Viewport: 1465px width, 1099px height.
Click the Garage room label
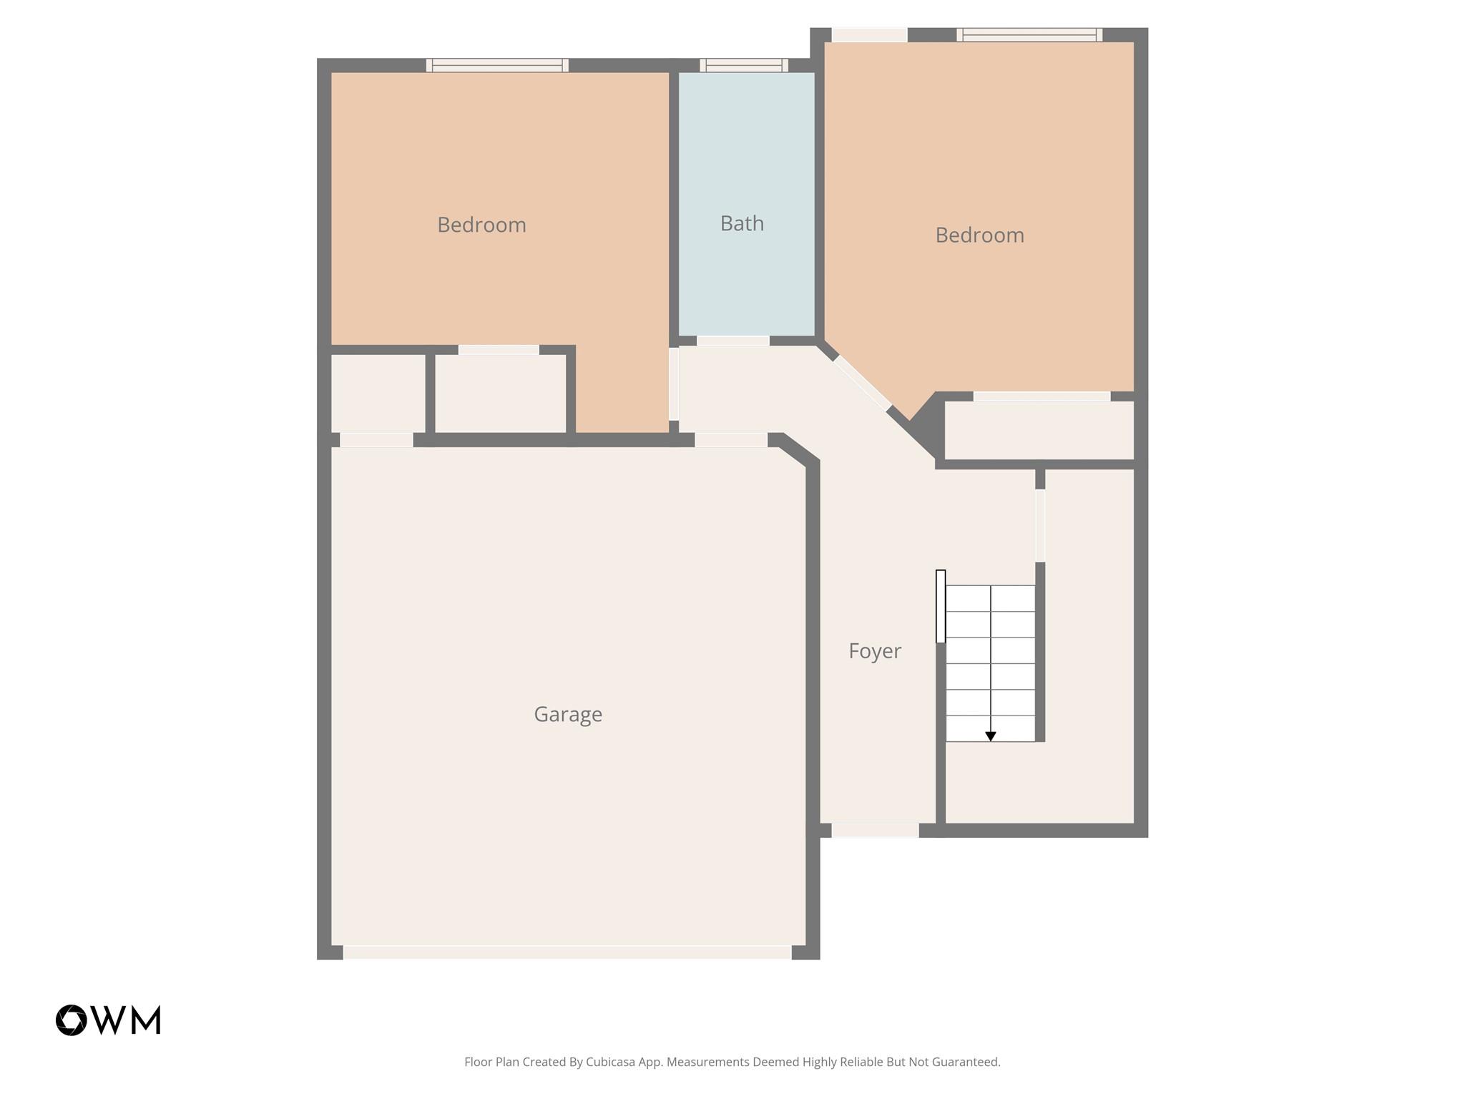(x=568, y=714)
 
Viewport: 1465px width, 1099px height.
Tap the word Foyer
(x=874, y=651)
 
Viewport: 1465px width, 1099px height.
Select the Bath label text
(x=742, y=224)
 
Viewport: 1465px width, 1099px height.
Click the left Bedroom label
(x=481, y=225)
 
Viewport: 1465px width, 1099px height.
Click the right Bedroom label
(x=979, y=235)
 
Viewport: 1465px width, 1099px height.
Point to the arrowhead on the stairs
(x=991, y=736)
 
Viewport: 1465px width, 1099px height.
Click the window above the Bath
(x=744, y=65)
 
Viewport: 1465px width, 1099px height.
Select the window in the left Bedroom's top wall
(x=497, y=65)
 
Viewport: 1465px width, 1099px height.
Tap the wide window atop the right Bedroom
(x=1029, y=34)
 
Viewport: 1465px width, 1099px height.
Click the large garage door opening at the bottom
(x=567, y=952)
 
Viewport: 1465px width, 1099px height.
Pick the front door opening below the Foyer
(x=875, y=830)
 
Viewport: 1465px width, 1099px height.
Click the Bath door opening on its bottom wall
(x=733, y=341)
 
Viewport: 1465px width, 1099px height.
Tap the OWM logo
(x=109, y=1020)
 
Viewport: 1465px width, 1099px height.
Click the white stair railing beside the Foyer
(x=941, y=606)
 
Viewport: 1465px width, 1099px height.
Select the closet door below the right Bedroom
(x=1042, y=396)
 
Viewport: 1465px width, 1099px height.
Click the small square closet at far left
(x=378, y=394)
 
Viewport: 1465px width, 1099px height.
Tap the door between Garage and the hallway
(x=731, y=440)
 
